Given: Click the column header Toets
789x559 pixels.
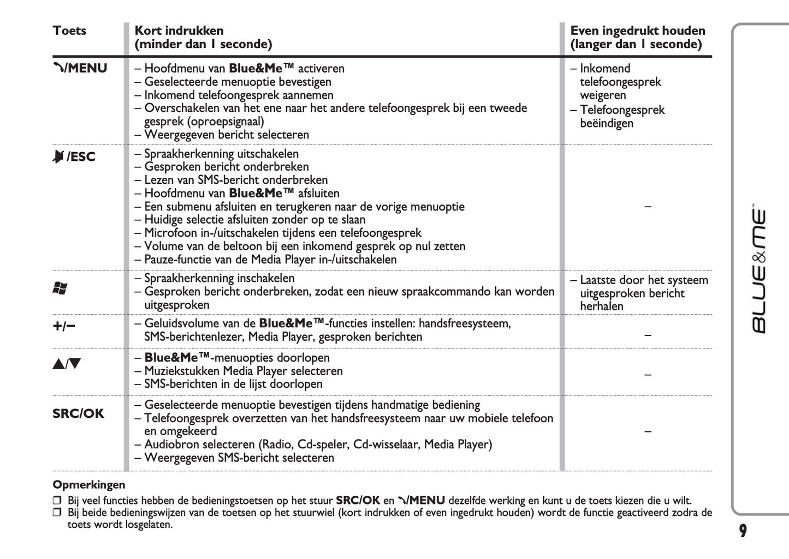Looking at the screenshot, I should (x=69, y=31).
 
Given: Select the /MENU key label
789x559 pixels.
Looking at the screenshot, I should (x=80, y=68).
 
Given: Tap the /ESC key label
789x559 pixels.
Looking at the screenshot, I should (x=74, y=157).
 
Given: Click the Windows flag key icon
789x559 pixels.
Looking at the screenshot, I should (x=60, y=288).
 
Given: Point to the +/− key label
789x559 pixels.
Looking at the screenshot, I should (x=64, y=326).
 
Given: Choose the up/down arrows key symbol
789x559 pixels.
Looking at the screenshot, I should (x=67, y=364).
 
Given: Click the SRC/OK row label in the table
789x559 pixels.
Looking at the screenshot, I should (x=78, y=413).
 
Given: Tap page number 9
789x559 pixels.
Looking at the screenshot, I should (x=743, y=531).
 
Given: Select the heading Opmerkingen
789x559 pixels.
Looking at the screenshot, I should (x=89, y=485).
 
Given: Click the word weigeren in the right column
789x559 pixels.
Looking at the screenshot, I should (x=603, y=95).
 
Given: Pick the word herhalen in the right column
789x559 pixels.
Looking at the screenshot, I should (x=602, y=306).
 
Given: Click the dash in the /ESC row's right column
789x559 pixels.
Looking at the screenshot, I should (x=648, y=207).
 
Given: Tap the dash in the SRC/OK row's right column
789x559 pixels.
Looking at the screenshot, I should (x=648, y=431).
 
